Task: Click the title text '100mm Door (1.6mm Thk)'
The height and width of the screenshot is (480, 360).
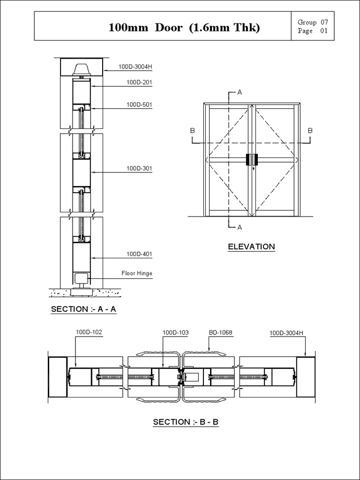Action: click(x=184, y=28)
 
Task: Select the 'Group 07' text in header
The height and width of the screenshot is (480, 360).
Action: click(x=313, y=22)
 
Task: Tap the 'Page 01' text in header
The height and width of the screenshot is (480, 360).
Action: click(x=313, y=31)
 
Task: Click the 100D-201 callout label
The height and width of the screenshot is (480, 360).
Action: click(x=139, y=82)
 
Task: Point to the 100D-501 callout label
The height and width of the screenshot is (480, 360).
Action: click(x=139, y=105)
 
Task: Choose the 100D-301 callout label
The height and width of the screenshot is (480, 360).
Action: click(x=139, y=168)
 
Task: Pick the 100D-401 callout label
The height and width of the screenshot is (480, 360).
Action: click(x=139, y=254)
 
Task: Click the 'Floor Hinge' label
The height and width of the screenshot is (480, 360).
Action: click(x=137, y=273)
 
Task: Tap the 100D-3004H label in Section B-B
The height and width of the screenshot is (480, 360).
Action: click(x=286, y=333)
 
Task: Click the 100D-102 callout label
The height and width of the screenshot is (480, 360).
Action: click(x=89, y=332)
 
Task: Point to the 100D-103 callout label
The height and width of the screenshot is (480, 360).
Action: click(x=175, y=333)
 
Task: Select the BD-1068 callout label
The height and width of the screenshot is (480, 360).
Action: click(x=220, y=333)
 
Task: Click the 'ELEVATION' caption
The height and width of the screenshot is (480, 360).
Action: click(x=251, y=247)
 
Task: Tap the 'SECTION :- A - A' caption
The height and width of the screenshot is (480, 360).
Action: click(x=83, y=309)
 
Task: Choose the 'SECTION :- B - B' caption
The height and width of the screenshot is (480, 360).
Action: click(x=186, y=422)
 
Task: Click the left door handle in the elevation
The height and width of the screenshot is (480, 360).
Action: click(x=248, y=159)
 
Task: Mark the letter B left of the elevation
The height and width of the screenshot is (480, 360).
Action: click(x=193, y=131)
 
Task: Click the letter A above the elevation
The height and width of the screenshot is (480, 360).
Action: click(x=240, y=92)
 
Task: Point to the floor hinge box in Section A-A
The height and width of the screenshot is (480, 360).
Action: click(x=82, y=278)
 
